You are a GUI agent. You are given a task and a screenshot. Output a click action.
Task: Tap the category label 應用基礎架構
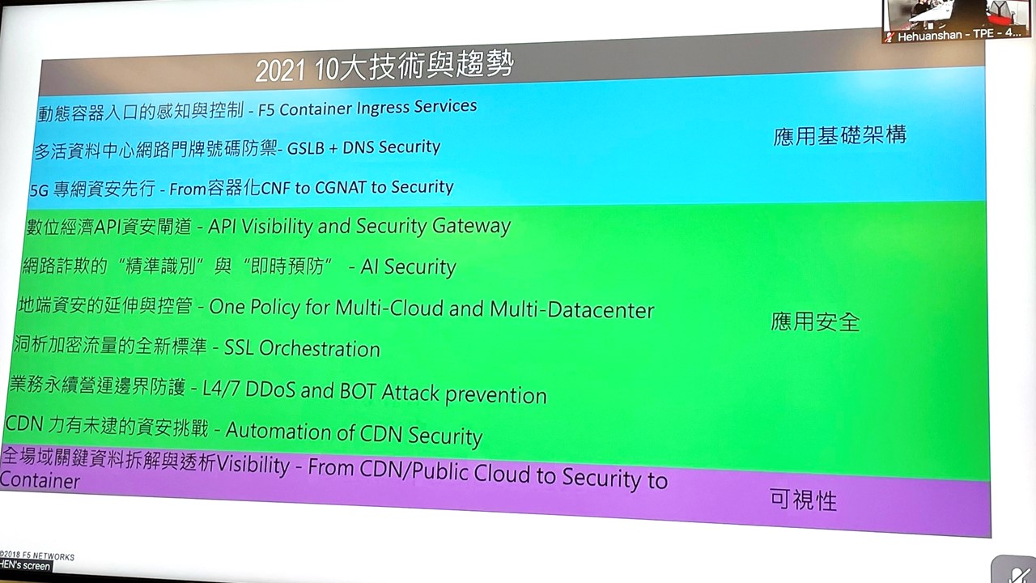coord(840,135)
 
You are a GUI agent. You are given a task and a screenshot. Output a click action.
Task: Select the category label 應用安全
coord(815,321)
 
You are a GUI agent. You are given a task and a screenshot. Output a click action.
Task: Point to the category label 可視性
coord(804,500)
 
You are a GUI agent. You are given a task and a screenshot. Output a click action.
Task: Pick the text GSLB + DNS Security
coord(363,147)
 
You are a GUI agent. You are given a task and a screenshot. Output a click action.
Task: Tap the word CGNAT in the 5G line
coord(341,187)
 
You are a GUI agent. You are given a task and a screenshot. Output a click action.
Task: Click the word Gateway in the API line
coord(471,227)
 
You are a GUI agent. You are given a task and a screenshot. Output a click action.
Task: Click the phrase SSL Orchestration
coord(302,348)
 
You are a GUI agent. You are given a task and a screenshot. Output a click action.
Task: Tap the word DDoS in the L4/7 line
coord(270,389)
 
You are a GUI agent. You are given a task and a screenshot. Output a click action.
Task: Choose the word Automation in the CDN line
coord(278,431)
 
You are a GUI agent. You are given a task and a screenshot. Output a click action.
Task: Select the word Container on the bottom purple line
coord(40,481)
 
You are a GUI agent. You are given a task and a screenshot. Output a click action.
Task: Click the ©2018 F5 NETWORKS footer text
coord(37,555)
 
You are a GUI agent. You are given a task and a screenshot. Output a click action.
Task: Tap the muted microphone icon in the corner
coord(1015,572)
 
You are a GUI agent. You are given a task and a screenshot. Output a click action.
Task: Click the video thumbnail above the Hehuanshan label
coord(957,14)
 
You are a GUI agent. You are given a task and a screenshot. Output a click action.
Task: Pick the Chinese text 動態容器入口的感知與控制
coord(141,112)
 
